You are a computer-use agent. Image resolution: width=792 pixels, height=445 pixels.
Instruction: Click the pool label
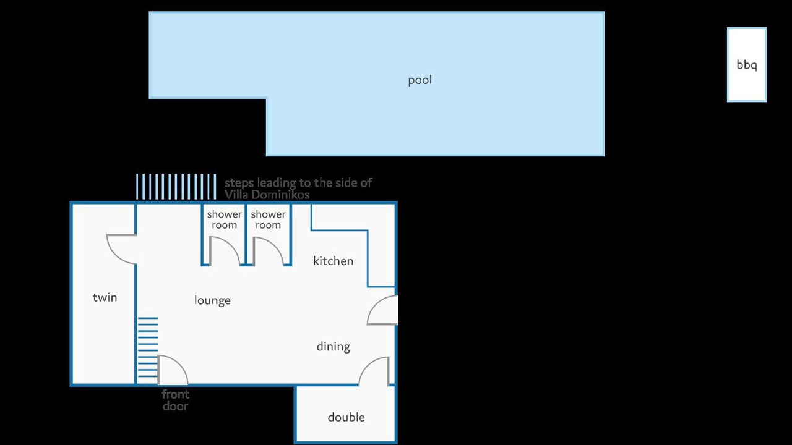[x=420, y=80]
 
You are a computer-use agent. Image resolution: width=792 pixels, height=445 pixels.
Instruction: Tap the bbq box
[x=747, y=65]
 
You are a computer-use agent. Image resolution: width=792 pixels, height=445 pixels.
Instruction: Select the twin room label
[x=105, y=297]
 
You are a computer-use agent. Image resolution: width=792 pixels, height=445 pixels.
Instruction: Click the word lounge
[x=212, y=300]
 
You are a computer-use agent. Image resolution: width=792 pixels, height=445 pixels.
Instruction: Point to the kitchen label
[x=333, y=261]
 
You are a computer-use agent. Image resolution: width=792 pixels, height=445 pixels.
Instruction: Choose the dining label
[x=333, y=347]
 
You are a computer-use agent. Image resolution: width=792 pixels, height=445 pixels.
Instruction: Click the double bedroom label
[x=346, y=417]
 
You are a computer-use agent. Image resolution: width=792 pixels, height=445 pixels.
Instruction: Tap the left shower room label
[x=224, y=219]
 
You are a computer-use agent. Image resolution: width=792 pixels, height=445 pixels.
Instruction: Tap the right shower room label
[x=268, y=219]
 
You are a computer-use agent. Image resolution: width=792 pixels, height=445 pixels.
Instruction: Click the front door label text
[x=175, y=400]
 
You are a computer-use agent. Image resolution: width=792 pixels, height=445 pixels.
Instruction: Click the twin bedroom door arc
[x=122, y=249]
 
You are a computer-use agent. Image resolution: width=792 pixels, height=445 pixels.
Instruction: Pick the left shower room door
[x=225, y=251]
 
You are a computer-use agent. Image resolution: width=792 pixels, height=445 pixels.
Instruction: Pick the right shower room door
[x=269, y=251]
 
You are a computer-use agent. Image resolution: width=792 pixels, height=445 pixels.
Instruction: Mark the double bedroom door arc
[x=374, y=371]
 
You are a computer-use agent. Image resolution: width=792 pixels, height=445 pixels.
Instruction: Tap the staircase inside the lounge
[x=147, y=347]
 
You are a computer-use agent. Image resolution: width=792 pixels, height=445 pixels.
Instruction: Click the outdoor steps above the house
[x=176, y=187]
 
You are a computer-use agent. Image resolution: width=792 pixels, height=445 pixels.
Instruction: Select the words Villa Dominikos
[x=267, y=195]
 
